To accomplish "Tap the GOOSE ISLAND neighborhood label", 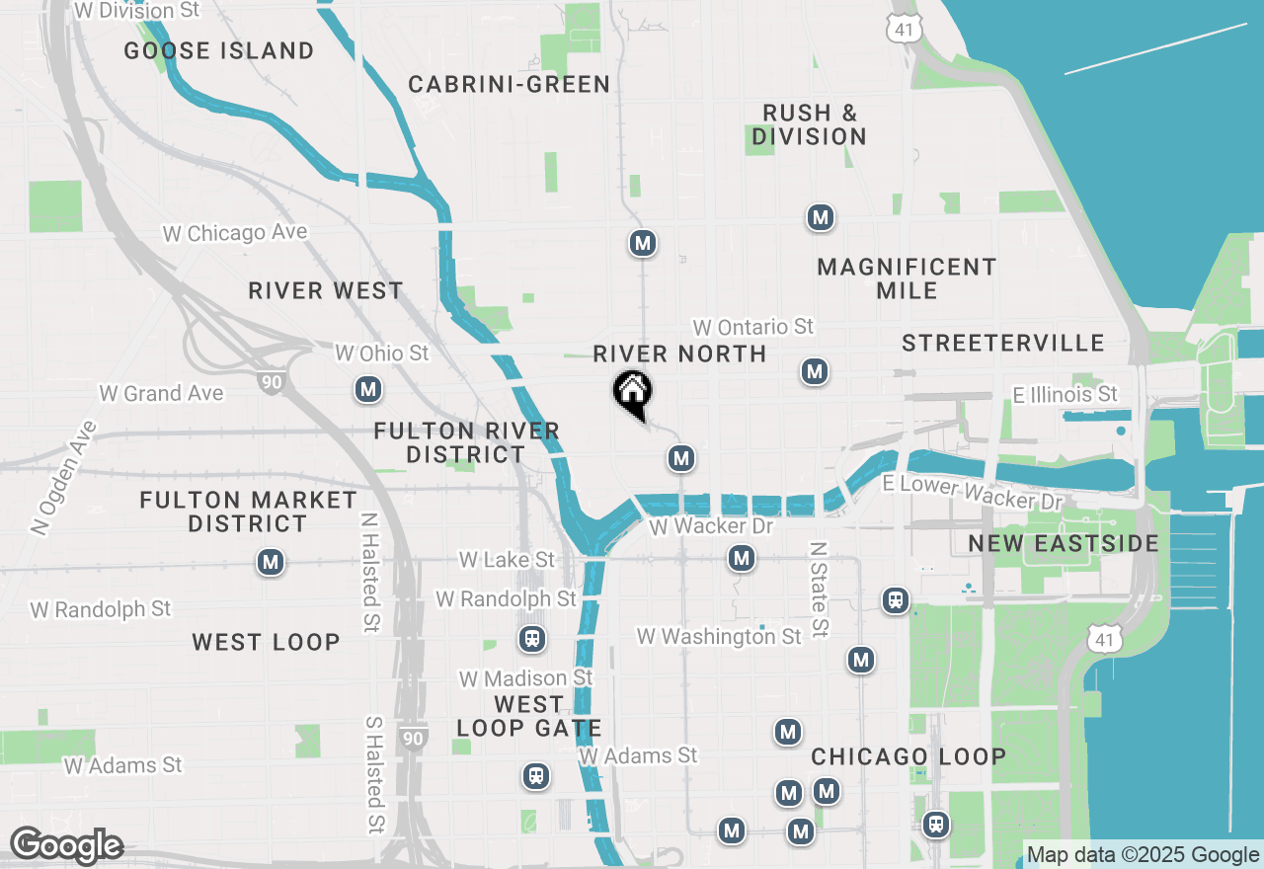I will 219,50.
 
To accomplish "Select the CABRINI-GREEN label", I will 510,84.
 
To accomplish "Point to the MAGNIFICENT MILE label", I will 907,278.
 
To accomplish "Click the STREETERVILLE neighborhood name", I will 1002,343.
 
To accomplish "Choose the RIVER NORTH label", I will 679,354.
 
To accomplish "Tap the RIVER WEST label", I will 326,290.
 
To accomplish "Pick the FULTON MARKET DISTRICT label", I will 248,512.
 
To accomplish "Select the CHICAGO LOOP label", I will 908,756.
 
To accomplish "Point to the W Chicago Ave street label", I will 235,233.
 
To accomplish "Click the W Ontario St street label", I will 752,327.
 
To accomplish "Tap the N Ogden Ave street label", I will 63,478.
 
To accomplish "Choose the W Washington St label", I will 719,637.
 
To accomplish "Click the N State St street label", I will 818,589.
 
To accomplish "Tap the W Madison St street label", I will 525,678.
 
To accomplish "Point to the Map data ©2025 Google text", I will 1143,855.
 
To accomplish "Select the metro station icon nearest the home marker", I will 679,458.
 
